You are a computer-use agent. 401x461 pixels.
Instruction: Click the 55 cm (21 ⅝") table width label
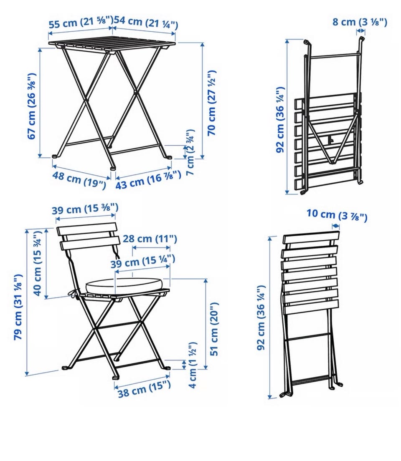(80, 22)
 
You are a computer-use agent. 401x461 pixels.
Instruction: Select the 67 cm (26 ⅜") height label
(31, 106)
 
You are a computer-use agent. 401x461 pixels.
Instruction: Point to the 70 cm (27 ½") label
(212, 103)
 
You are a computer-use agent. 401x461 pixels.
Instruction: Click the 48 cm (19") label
(79, 179)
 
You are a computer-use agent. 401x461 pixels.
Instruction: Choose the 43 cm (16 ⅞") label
(148, 179)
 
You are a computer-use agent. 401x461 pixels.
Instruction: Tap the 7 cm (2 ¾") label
(190, 153)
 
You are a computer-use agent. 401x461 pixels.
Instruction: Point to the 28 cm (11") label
(150, 239)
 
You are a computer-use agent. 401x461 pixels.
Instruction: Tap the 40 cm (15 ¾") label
(38, 263)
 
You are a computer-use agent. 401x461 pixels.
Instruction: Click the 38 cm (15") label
(144, 388)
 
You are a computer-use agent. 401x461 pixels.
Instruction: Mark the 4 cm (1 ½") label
(192, 365)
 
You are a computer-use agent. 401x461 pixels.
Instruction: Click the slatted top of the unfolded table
(112, 44)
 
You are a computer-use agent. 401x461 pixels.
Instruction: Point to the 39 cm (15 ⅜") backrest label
(85, 209)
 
